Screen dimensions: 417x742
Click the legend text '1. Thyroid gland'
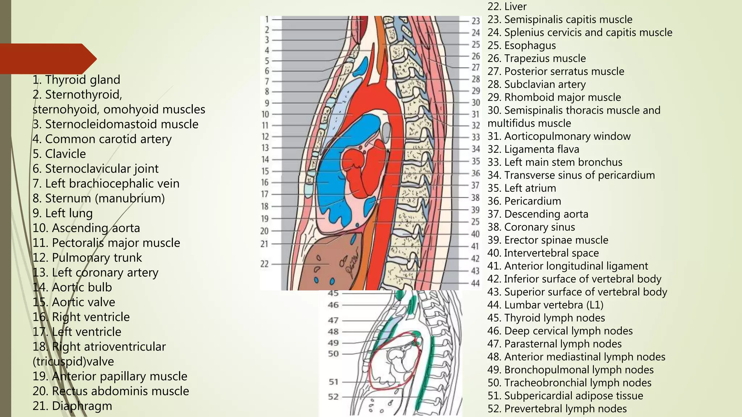coord(76,80)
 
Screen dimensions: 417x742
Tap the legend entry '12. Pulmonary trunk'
coord(87,258)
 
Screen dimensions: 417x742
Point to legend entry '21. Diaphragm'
coord(72,406)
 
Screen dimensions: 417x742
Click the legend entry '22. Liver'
coord(507,7)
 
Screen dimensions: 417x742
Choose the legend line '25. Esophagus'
coord(521,46)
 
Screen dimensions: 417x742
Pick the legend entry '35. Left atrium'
coord(521,188)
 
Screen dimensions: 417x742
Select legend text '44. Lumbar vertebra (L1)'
coord(545,305)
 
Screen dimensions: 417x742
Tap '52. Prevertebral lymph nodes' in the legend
coord(557,409)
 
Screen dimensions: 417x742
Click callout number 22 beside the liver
coord(265,264)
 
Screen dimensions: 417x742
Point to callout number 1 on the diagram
coord(267,19)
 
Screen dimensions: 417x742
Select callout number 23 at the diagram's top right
coord(476,21)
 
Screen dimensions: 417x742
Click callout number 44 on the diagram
coord(475,283)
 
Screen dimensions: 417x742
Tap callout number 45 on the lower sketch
coord(333,293)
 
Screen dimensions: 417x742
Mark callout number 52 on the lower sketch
coord(333,397)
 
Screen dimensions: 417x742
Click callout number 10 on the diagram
coord(265,114)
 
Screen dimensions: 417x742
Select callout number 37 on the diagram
coord(475,185)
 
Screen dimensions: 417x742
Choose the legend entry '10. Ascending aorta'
coord(86,228)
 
